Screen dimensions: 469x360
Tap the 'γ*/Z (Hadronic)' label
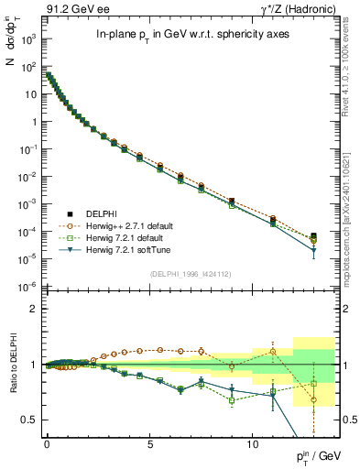(298, 8)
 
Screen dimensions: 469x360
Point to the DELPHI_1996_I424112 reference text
(191, 273)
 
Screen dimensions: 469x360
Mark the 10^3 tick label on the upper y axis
(27, 40)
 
